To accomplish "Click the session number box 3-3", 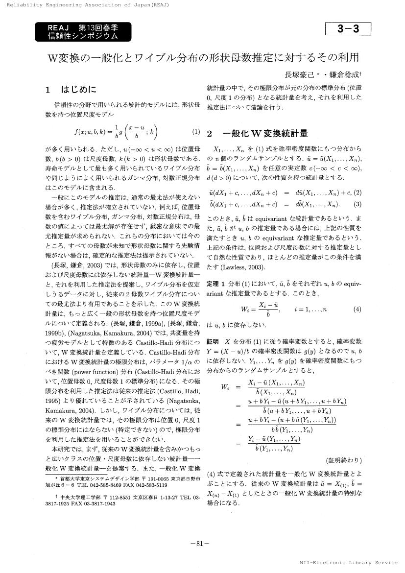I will click(348, 29).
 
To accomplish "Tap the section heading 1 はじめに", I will click(71, 90).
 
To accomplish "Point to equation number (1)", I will click(196, 132).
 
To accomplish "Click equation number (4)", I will click(357, 309).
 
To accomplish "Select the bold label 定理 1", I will click(215, 284).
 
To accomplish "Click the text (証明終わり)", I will click(343, 460).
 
